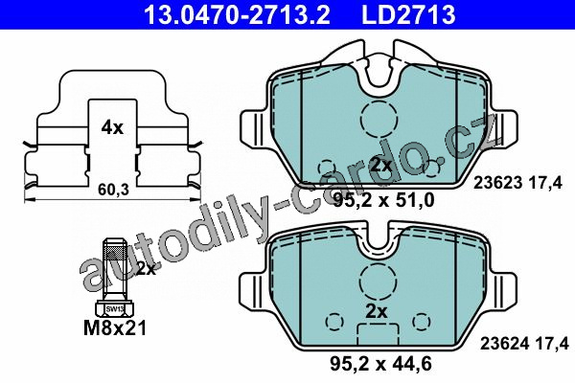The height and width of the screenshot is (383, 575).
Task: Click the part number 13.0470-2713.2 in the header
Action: point(238,14)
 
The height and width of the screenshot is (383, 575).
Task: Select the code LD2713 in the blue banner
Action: point(408,14)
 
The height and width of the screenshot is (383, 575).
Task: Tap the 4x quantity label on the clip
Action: point(112,127)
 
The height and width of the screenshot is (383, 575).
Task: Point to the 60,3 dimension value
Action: point(114,190)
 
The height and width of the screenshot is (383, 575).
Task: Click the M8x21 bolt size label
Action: point(115,327)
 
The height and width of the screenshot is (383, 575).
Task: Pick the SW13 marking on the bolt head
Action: point(114,309)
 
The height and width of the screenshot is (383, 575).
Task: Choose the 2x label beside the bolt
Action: point(146,269)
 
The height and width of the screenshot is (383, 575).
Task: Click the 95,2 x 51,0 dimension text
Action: point(383,200)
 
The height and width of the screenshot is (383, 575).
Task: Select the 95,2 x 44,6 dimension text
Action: point(380,364)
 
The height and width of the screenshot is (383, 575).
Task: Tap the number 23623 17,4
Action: point(517,183)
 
